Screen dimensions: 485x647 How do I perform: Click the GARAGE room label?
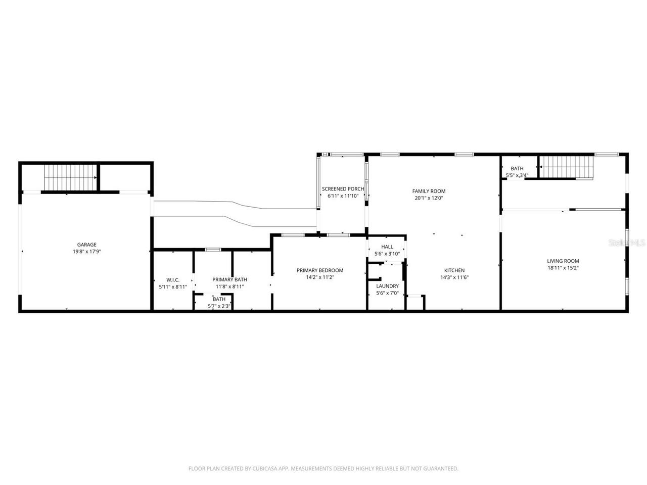click(86, 245)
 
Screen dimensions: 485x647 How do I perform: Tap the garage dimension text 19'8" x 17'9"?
click(86, 251)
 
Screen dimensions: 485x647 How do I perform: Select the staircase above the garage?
click(70, 177)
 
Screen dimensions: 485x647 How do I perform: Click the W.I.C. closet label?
click(173, 280)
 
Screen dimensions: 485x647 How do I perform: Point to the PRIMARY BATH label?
click(229, 280)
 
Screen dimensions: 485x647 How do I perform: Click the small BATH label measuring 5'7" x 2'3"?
click(219, 299)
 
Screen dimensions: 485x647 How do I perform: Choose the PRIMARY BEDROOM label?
click(319, 270)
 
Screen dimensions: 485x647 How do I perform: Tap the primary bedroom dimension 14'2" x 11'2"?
click(319, 277)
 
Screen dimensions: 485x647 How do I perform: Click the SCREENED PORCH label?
click(343, 189)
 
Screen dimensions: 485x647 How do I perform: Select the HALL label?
click(387, 247)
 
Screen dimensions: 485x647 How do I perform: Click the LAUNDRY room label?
click(387, 286)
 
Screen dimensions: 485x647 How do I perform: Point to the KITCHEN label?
click(454, 270)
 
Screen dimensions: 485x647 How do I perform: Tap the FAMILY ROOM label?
click(429, 191)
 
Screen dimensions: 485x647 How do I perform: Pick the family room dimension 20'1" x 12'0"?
click(429, 198)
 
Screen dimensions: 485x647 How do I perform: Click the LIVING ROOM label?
click(563, 261)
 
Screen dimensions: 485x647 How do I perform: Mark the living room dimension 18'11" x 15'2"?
click(563, 268)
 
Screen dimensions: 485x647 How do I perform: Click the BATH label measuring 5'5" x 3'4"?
click(517, 169)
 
